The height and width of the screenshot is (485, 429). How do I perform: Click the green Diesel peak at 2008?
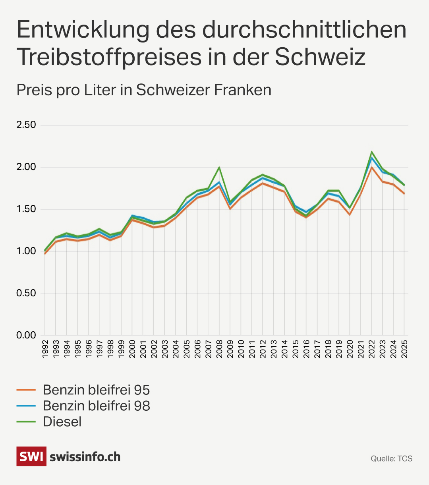219,167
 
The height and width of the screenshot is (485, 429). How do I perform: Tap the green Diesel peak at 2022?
372,152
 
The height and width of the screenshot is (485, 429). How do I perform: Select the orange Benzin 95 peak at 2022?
372,167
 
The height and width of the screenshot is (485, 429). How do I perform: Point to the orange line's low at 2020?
350,214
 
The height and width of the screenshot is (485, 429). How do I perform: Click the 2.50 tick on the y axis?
26,125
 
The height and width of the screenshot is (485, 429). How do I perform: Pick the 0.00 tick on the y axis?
26,335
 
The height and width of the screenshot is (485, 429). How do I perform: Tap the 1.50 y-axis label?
26,209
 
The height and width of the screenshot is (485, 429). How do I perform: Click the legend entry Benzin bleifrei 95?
96,390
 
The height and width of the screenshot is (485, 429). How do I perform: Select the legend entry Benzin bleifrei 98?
96,406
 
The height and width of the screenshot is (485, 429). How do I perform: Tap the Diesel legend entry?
62,421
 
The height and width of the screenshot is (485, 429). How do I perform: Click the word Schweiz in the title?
320,56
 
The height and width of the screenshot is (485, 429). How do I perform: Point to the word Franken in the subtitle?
243,90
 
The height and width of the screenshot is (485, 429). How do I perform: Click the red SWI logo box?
31,456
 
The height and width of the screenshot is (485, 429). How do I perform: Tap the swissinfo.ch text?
85,457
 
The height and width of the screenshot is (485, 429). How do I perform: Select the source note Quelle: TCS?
391,459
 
